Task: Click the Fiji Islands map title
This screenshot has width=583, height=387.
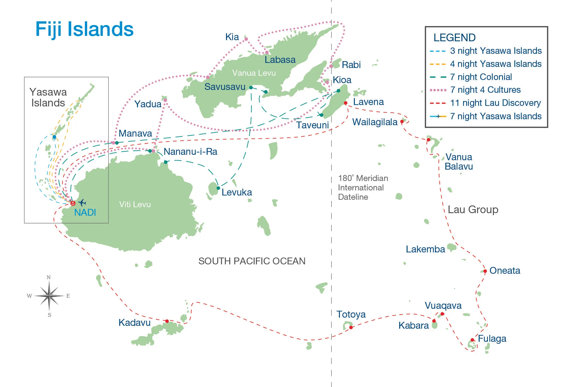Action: [84, 29]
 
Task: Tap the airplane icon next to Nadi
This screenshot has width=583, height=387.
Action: [82, 203]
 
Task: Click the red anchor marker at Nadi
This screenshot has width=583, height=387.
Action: [73, 203]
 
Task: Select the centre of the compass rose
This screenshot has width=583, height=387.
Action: [49, 296]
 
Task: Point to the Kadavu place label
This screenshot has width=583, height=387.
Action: [134, 323]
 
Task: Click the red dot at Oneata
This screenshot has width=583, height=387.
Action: [485, 271]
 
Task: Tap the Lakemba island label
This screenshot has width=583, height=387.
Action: [425, 249]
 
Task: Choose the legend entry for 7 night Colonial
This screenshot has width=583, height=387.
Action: [481, 77]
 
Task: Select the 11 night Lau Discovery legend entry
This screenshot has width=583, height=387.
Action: [495, 103]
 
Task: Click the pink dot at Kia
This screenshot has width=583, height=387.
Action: [246, 39]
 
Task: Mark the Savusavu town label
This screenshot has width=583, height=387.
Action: [225, 87]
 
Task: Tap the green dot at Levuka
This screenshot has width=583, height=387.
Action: [218, 188]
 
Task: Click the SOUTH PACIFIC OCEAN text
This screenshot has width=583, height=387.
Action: [252, 261]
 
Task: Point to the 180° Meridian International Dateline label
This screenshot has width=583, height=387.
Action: [363, 188]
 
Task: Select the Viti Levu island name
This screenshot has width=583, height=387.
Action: [135, 204]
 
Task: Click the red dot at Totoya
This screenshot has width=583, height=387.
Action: [351, 328]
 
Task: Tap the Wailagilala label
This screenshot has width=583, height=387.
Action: [375, 122]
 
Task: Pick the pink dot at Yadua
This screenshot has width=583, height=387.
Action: [165, 100]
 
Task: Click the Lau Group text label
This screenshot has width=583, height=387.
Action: [473, 209]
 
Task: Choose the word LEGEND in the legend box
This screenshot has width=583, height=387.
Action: [454, 38]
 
